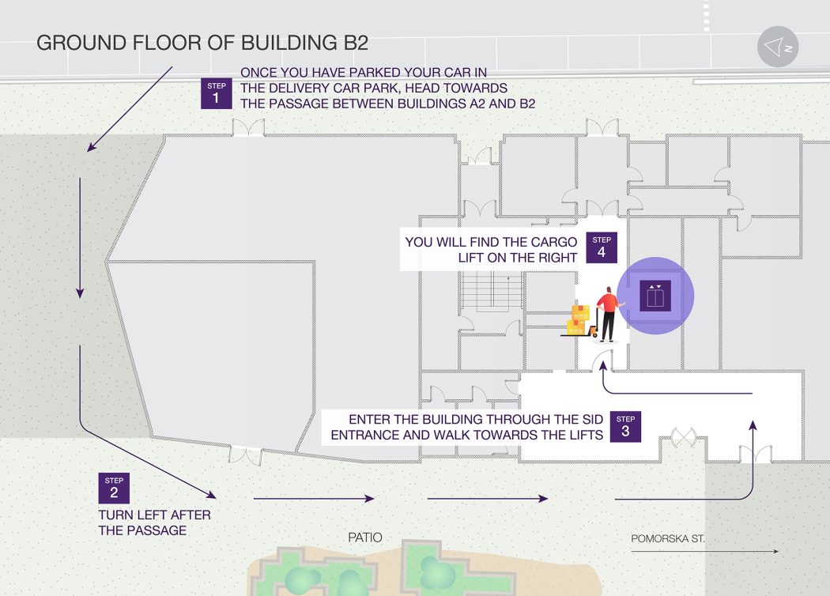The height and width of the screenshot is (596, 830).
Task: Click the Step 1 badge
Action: (x=216, y=93)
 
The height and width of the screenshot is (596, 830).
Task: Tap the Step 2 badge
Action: (x=114, y=488)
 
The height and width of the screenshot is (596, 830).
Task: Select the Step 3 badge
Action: (x=625, y=427)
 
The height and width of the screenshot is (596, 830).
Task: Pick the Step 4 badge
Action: (x=602, y=247)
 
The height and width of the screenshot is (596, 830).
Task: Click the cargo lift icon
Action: (x=655, y=296)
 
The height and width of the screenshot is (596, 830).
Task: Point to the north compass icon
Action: (x=778, y=47)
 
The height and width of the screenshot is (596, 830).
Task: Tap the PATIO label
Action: (x=365, y=538)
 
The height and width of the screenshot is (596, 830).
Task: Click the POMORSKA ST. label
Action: (x=668, y=539)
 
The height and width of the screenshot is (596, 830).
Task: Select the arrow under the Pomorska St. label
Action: (x=705, y=552)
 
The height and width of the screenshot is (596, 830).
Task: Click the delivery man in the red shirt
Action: (x=609, y=314)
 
